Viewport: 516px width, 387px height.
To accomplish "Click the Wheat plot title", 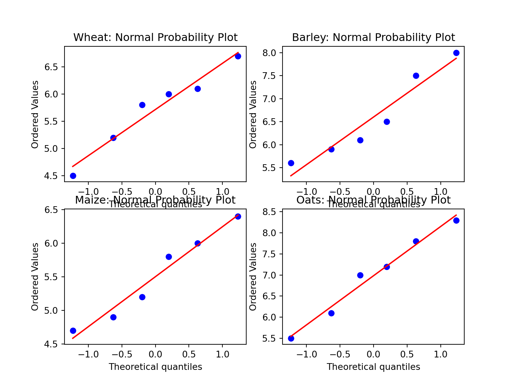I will pos(155,37).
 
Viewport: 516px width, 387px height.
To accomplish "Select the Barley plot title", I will pos(373,37).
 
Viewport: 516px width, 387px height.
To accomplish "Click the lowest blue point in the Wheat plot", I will pos(73,176).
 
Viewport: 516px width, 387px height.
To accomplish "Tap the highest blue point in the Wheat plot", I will pos(238,56).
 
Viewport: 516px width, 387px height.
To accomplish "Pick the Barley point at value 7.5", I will pos(416,76).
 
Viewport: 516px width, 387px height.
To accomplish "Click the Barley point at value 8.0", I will pos(456,53).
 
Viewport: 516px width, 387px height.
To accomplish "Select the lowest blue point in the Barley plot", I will pos(291,163).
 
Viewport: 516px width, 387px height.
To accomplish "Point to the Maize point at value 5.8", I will pos(169,257).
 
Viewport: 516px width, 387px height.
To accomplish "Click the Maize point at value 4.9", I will pos(113,317).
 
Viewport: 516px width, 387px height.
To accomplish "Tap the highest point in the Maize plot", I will pos(238,216).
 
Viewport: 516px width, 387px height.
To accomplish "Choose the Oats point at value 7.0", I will pos(360,275).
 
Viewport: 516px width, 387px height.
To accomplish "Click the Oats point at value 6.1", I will pos(331,313).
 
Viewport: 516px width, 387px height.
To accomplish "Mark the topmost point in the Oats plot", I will pos(456,220).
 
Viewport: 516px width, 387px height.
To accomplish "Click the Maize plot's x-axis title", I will pos(155,367).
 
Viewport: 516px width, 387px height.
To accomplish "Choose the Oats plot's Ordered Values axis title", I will pos(253,276).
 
